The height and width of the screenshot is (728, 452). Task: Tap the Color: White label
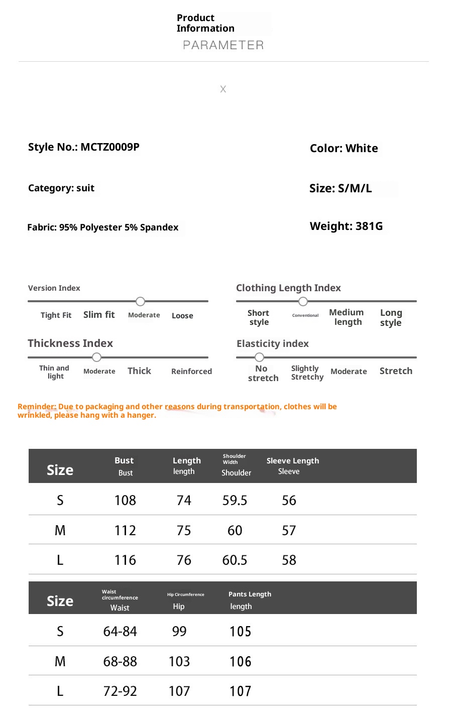point(344,149)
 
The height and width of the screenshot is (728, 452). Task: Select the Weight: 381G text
point(346,226)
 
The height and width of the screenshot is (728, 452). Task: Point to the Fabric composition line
point(103,227)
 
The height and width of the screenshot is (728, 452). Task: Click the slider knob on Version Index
point(141,301)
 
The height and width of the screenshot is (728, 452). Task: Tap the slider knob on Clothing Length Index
point(303,301)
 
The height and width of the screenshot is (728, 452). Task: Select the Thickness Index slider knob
point(97,357)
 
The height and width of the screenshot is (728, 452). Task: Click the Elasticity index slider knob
point(259,357)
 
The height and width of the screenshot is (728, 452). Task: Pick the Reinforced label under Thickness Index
point(191,372)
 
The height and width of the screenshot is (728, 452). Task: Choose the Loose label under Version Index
point(182,316)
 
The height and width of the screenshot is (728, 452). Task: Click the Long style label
point(391,317)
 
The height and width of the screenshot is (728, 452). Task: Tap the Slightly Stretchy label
point(307,373)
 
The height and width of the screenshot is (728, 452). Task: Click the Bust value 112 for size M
point(125,531)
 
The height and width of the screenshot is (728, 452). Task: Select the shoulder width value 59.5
point(235,501)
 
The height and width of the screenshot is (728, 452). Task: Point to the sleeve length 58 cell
point(289,560)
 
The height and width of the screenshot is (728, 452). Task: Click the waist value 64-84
point(120,632)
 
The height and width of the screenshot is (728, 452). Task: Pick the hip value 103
point(179,662)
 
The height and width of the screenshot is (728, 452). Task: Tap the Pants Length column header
point(250,594)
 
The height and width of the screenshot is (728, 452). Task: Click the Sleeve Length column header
point(293,461)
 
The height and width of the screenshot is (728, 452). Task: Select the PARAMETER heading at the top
point(223,45)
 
